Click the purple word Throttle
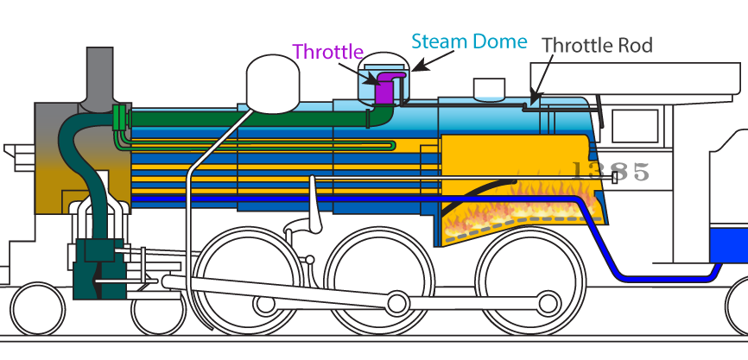pyautogui.click(x=327, y=52)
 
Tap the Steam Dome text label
pyautogui.click(x=469, y=41)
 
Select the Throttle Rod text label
pyautogui.click(x=597, y=45)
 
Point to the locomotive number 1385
pyautogui.click(x=610, y=171)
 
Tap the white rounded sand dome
pyautogui.click(x=272, y=84)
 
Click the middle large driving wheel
pyautogui.click(x=379, y=281)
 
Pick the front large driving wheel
pyautogui.click(x=247, y=281)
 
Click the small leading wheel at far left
pyautogui.click(x=38, y=309)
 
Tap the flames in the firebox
pyautogui.click(x=520, y=210)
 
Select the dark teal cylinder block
pyautogui.click(x=99, y=268)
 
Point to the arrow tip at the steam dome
pyautogui.click(x=413, y=70)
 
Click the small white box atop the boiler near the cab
pyautogui.click(x=489, y=89)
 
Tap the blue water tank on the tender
pyautogui.click(x=728, y=245)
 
